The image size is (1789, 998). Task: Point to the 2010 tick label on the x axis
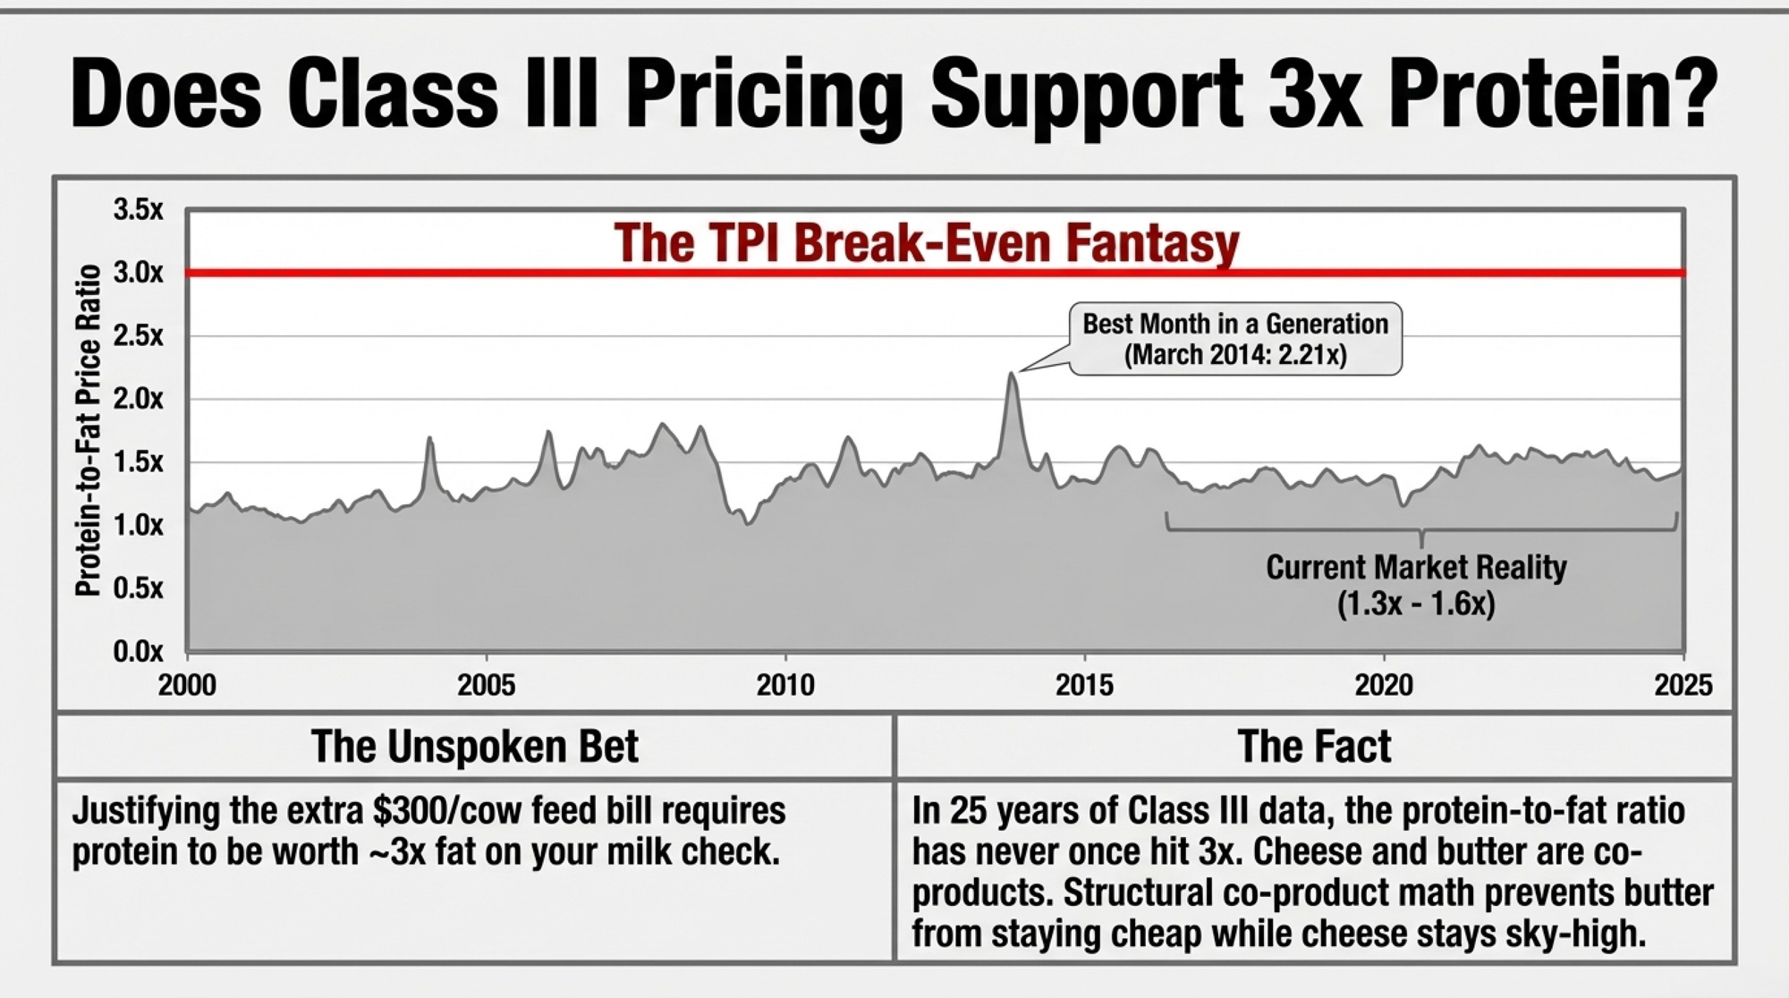(784, 685)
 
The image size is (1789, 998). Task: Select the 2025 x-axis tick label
(1683, 685)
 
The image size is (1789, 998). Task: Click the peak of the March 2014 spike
(1012, 375)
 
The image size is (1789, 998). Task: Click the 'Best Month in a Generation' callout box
(1235, 338)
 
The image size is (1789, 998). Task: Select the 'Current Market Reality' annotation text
(1416, 567)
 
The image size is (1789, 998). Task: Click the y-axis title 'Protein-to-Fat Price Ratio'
(88, 430)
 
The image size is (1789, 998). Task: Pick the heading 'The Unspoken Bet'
(474, 746)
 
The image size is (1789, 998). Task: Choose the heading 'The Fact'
(1314, 746)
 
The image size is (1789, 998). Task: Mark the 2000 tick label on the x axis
(187, 685)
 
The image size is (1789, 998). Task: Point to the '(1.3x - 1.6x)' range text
(1416, 605)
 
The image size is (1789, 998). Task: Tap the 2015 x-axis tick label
(1084, 685)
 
